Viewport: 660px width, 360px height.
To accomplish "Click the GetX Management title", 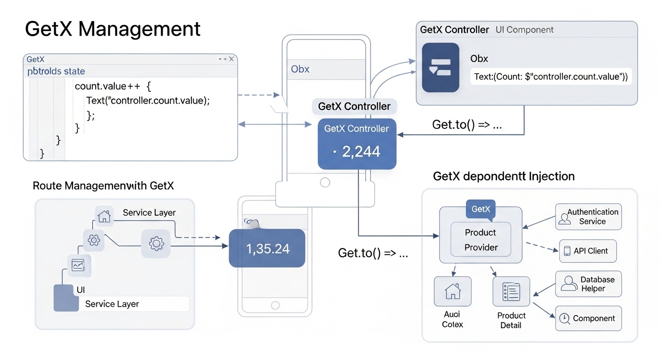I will coord(112,29).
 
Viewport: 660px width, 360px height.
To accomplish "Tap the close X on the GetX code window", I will coord(231,59).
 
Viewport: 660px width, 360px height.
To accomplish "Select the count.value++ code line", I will coord(112,86).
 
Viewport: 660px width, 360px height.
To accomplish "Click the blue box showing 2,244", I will coord(357,144).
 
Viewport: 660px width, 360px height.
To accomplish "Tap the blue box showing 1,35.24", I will coord(267,248).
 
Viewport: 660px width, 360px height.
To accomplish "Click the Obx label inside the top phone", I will coord(300,69).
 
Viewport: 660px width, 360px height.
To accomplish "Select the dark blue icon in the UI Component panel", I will coord(440,67).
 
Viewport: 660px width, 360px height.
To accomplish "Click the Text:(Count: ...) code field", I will coord(550,76).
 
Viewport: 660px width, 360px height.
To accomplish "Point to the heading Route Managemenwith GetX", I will coord(103,186).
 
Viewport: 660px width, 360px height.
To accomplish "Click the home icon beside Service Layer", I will coord(104,216).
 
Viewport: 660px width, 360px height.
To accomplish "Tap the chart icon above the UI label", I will coord(78,265).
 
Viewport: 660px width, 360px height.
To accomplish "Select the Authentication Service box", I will coord(588,217).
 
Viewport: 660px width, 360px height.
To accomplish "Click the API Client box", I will coord(588,251).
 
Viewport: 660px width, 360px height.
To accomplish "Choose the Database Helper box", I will coord(588,284).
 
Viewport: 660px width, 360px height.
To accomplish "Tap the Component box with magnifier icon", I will coord(588,319).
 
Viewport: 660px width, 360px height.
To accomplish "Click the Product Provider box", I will coord(480,240).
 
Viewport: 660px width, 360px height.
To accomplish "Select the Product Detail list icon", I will coord(511,292).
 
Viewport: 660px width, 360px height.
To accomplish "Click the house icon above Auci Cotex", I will coord(452,292).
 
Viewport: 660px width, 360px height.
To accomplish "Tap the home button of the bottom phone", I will coord(275,305).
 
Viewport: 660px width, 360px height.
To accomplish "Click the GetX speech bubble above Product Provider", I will coord(480,209).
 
